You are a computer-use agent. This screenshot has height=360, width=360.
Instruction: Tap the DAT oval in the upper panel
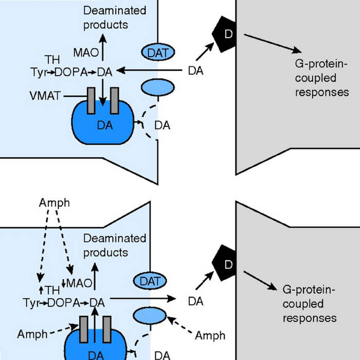click(157, 52)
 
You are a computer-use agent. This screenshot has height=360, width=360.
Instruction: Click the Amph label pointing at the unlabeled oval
click(210, 335)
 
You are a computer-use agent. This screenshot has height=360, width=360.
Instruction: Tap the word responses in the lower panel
click(304, 317)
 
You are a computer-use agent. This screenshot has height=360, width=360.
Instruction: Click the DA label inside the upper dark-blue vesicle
click(105, 124)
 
